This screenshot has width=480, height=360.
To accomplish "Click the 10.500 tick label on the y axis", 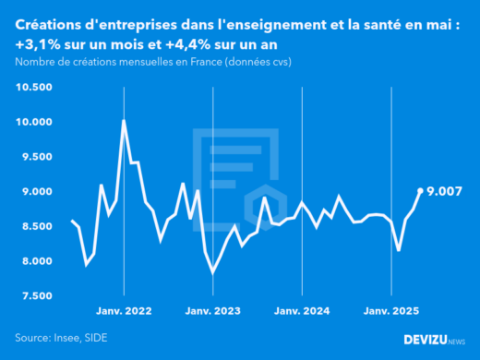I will point(33,87).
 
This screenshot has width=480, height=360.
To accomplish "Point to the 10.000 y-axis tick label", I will point(33,122).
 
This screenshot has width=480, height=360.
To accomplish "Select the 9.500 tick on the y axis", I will point(35,157).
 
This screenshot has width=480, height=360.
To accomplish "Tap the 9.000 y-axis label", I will point(35,191).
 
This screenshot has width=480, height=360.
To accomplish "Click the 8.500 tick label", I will point(35,226).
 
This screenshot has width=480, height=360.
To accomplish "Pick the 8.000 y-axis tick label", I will point(35,261).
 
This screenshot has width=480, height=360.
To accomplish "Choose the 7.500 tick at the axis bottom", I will point(35,295).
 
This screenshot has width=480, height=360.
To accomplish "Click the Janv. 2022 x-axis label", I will point(123,312).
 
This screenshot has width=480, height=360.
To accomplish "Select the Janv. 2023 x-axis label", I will point(212,312).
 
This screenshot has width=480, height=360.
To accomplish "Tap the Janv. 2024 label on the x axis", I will point(302,312).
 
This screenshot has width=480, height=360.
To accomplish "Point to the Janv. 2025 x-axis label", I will point(391,312).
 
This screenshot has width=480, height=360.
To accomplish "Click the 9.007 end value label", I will point(445,191).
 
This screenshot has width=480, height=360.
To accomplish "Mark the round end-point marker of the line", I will point(421,191).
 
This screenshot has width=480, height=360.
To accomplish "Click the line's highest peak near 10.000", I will point(124,121).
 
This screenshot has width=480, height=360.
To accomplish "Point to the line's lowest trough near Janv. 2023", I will point(213,272).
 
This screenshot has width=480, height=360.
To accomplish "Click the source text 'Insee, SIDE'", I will point(81,339).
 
